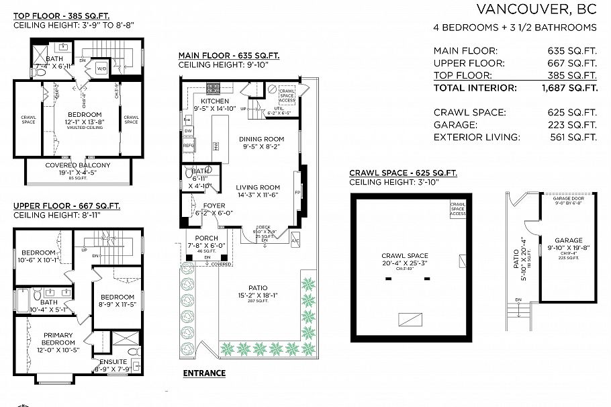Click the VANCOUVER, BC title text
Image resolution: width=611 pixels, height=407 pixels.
pos(536,9)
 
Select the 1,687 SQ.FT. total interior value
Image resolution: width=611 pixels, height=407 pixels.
pos(570,88)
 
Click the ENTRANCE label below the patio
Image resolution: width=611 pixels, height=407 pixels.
pos(204,373)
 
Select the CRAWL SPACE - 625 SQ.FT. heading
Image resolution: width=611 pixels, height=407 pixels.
pos(403,173)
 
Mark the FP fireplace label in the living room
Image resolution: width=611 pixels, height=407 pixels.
pos(297,191)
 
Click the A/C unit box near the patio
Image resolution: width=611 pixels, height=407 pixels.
pos(295,240)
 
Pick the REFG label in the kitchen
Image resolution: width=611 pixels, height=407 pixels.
pos(189,144)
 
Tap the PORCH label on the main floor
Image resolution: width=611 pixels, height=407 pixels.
pos(207,238)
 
